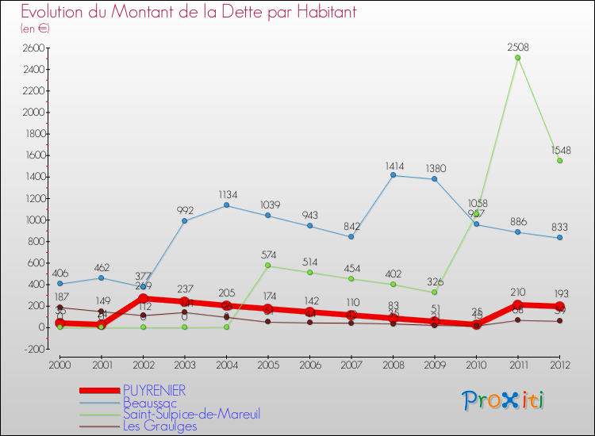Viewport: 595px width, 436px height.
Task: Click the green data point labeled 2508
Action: click(517, 57)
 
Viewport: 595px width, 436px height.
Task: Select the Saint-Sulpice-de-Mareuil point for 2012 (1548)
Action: click(559, 160)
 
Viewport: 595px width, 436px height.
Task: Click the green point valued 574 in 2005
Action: click(268, 265)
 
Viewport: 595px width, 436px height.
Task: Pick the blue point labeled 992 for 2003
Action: click(185, 220)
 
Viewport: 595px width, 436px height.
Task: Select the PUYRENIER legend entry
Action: click(155, 390)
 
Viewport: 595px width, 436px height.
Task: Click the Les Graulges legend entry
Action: click(159, 426)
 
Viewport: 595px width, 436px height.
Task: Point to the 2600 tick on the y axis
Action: click(32, 48)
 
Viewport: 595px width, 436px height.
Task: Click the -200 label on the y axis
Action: click(33, 349)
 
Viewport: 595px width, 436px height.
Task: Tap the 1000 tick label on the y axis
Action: click(32, 220)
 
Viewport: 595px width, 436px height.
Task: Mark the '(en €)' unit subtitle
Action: click(36, 28)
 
